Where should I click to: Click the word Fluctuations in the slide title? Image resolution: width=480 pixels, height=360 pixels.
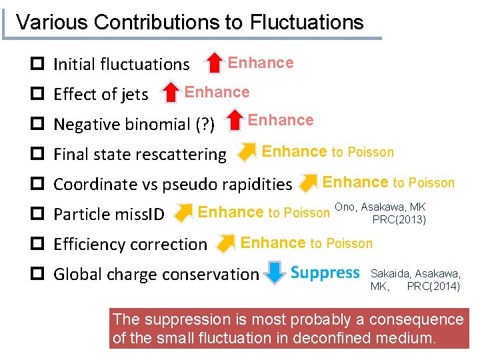pyautogui.click(x=307, y=22)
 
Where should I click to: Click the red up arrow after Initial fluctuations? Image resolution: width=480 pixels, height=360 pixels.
pyautogui.click(x=213, y=63)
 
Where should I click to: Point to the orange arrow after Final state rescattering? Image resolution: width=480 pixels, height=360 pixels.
pyautogui.click(x=247, y=152)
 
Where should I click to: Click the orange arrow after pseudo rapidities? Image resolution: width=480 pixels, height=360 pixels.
pyautogui.click(x=309, y=182)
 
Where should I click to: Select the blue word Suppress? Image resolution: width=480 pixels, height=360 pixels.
pyautogui.click(x=325, y=273)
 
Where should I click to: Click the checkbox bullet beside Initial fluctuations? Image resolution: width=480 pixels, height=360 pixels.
pyautogui.click(x=38, y=65)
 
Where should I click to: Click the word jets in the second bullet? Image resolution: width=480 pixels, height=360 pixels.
pyautogui.click(x=135, y=95)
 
